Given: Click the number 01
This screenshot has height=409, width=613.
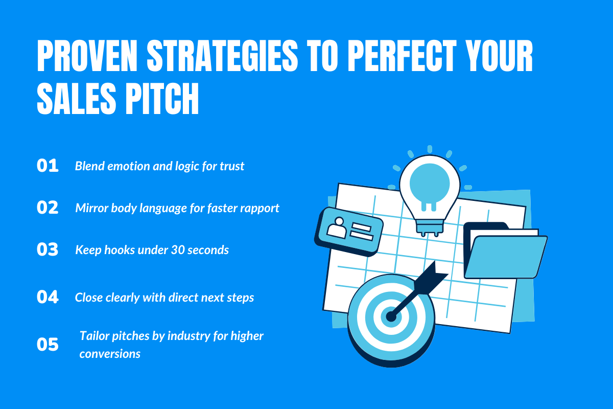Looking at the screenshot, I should tap(48, 166).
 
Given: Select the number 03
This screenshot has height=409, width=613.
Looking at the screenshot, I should tap(48, 249).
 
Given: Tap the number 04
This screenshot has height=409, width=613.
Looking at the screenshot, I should tap(48, 297).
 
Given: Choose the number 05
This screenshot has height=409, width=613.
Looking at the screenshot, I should tap(48, 345).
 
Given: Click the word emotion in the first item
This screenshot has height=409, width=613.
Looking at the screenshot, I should tap(123, 166).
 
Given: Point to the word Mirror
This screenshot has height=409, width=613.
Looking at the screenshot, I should tap(91, 208).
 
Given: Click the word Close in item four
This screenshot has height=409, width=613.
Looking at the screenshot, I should tap(88, 297).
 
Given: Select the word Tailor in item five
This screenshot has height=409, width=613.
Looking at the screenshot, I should tap(94, 336).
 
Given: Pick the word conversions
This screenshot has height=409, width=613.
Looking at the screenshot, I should tap(110, 353).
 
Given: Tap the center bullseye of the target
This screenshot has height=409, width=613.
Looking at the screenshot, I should tap(391, 316).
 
